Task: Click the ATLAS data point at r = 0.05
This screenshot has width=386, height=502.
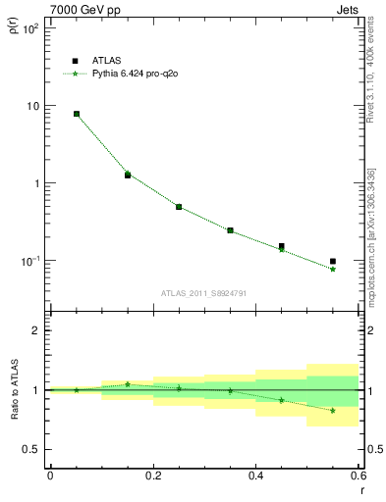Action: pos(77,114)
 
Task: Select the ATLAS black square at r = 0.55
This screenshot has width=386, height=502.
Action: pos(333,262)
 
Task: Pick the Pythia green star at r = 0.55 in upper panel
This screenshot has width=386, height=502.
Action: pos(333,269)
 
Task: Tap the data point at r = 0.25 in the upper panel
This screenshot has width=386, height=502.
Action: pos(179,207)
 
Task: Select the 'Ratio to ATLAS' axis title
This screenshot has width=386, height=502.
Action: pos(13,389)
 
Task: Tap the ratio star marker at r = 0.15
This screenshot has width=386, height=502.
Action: pos(128,384)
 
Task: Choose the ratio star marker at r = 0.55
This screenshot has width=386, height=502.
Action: pos(333,410)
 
